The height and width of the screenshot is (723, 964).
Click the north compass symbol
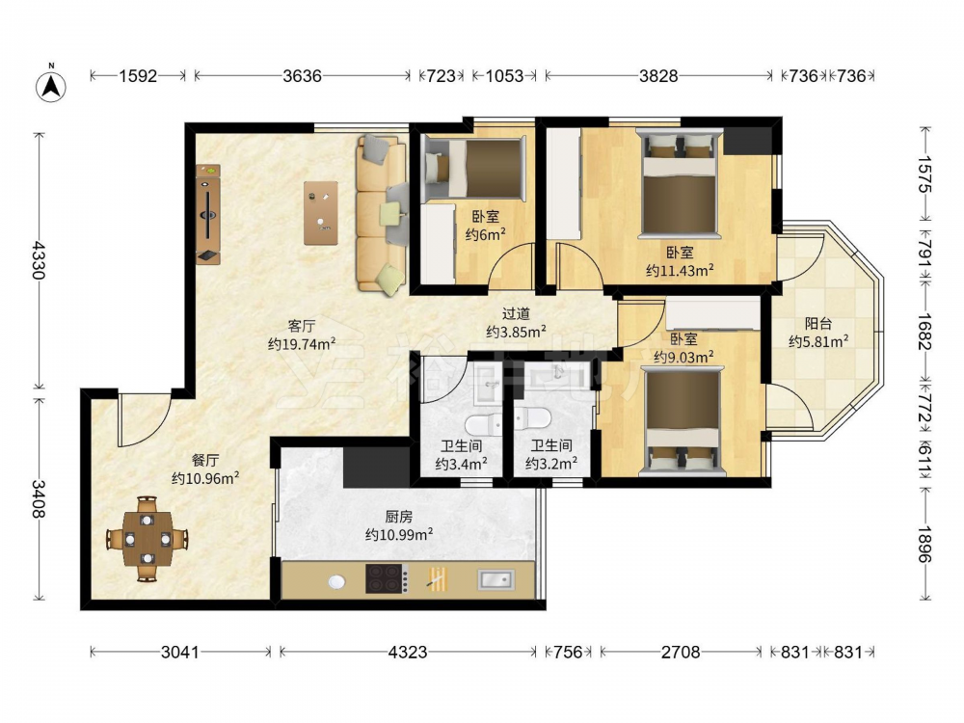(52, 86)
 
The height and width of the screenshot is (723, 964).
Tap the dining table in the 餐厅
(147, 539)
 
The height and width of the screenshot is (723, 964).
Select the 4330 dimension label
(39, 260)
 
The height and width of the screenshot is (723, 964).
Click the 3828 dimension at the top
(658, 75)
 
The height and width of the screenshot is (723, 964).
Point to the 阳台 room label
(818, 323)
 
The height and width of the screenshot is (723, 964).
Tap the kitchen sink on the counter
(496, 579)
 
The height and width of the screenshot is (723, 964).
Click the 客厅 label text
(301, 325)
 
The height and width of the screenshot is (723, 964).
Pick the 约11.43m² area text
(680, 270)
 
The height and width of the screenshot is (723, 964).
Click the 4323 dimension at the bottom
(408, 652)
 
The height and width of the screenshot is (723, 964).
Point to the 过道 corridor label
(516, 313)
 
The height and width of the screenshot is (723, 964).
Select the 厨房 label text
(398, 517)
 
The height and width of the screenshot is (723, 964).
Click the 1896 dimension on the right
(925, 543)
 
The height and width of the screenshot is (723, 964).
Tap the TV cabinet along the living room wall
(208, 214)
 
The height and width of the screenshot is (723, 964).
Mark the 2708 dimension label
(681, 652)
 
